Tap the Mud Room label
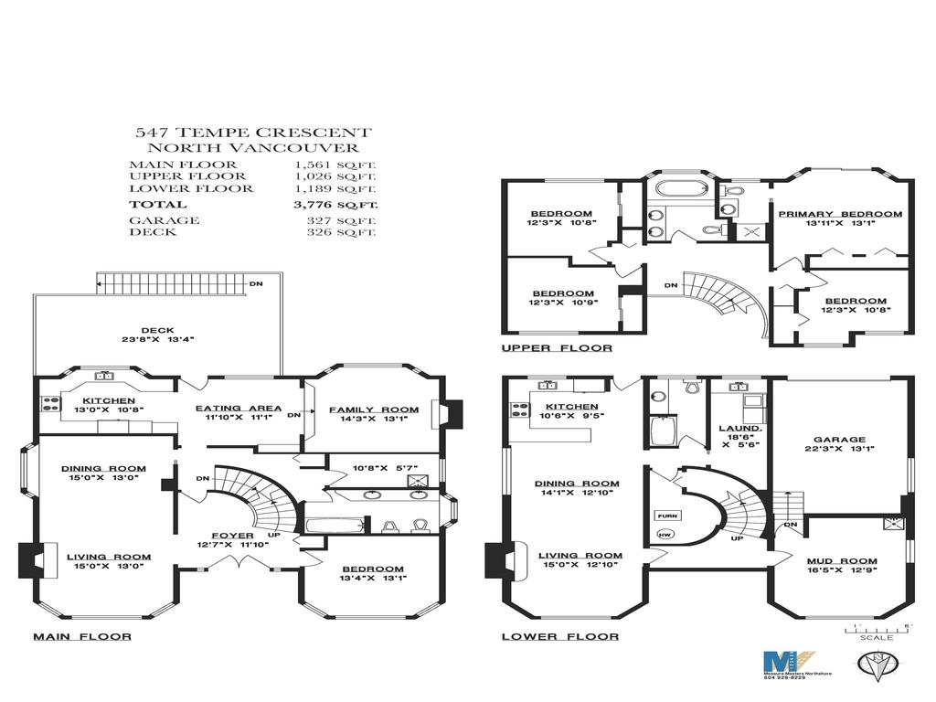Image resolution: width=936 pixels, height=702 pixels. [841, 561]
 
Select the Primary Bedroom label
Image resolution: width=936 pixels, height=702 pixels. [840, 214]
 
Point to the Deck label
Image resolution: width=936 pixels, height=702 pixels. [157, 330]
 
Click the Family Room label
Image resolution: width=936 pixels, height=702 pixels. [374, 409]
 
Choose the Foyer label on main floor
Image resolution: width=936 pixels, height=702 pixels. [225, 536]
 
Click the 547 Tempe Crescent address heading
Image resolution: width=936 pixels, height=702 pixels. [252, 133]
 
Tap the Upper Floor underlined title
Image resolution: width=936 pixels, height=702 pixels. [557, 348]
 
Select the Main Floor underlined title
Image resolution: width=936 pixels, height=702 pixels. [82, 636]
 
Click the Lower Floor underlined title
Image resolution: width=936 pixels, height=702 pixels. [559, 636]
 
